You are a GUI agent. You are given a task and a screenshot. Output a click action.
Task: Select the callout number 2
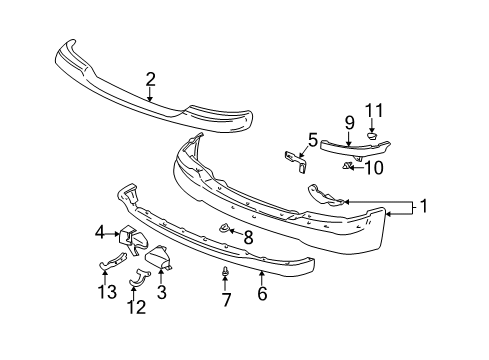pyautogui.click(x=150, y=79)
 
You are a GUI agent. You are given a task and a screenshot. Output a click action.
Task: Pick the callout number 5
pyautogui.click(x=312, y=141)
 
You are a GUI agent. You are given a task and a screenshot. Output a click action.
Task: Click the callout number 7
pyautogui.click(x=226, y=299)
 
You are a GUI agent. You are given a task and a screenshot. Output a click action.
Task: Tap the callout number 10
pyautogui.click(x=375, y=168)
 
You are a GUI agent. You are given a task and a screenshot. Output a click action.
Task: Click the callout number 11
pyautogui.click(x=373, y=110)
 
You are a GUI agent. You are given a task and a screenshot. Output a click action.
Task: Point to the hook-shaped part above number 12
pyautogui.click(x=138, y=281)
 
